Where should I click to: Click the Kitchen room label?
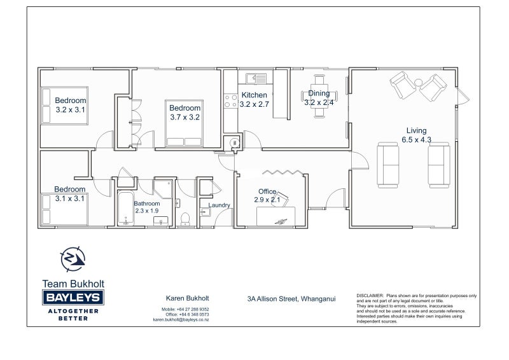(x=254, y=95)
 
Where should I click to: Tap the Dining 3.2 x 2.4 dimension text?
(x=319, y=102)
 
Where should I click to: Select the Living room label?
(x=417, y=130)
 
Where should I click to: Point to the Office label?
(x=267, y=191)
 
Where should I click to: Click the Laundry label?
(x=219, y=205)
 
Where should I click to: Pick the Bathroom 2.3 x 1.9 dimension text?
(x=147, y=211)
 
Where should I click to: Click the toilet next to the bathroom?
(x=185, y=219)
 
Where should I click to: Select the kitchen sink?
(x=256, y=79)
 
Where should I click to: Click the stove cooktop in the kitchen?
(x=231, y=101)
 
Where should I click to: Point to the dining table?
(x=319, y=96)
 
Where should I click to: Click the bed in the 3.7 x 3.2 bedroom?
(x=184, y=123)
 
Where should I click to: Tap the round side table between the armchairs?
(x=419, y=82)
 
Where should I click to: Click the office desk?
(x=276, y=216)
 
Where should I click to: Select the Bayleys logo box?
(x=73, y=297)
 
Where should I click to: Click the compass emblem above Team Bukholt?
(x=73, y=260)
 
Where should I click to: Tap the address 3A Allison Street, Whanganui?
(x=291, y=299)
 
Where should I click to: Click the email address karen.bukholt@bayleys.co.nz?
(x=181, y=320)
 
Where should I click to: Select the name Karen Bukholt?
(x=187, y=298)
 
